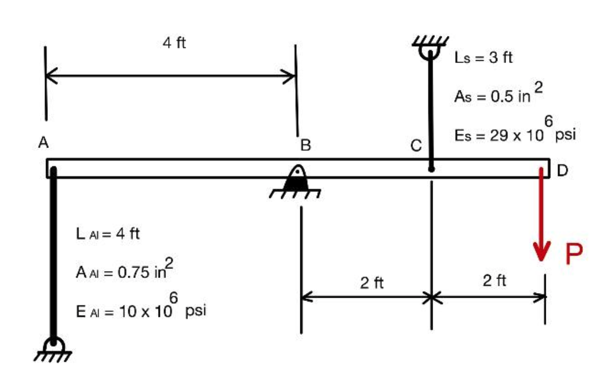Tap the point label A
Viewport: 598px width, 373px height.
pos(43,143)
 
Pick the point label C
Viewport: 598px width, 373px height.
pos(416,146)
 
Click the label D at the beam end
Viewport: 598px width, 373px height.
pos(563,169)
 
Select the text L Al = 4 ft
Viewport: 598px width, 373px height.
pos(107,233)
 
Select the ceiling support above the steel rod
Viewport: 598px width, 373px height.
pos(430,46)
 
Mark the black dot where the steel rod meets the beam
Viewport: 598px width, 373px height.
pos(431,168)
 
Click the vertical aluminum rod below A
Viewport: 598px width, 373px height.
pos(53,253)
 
